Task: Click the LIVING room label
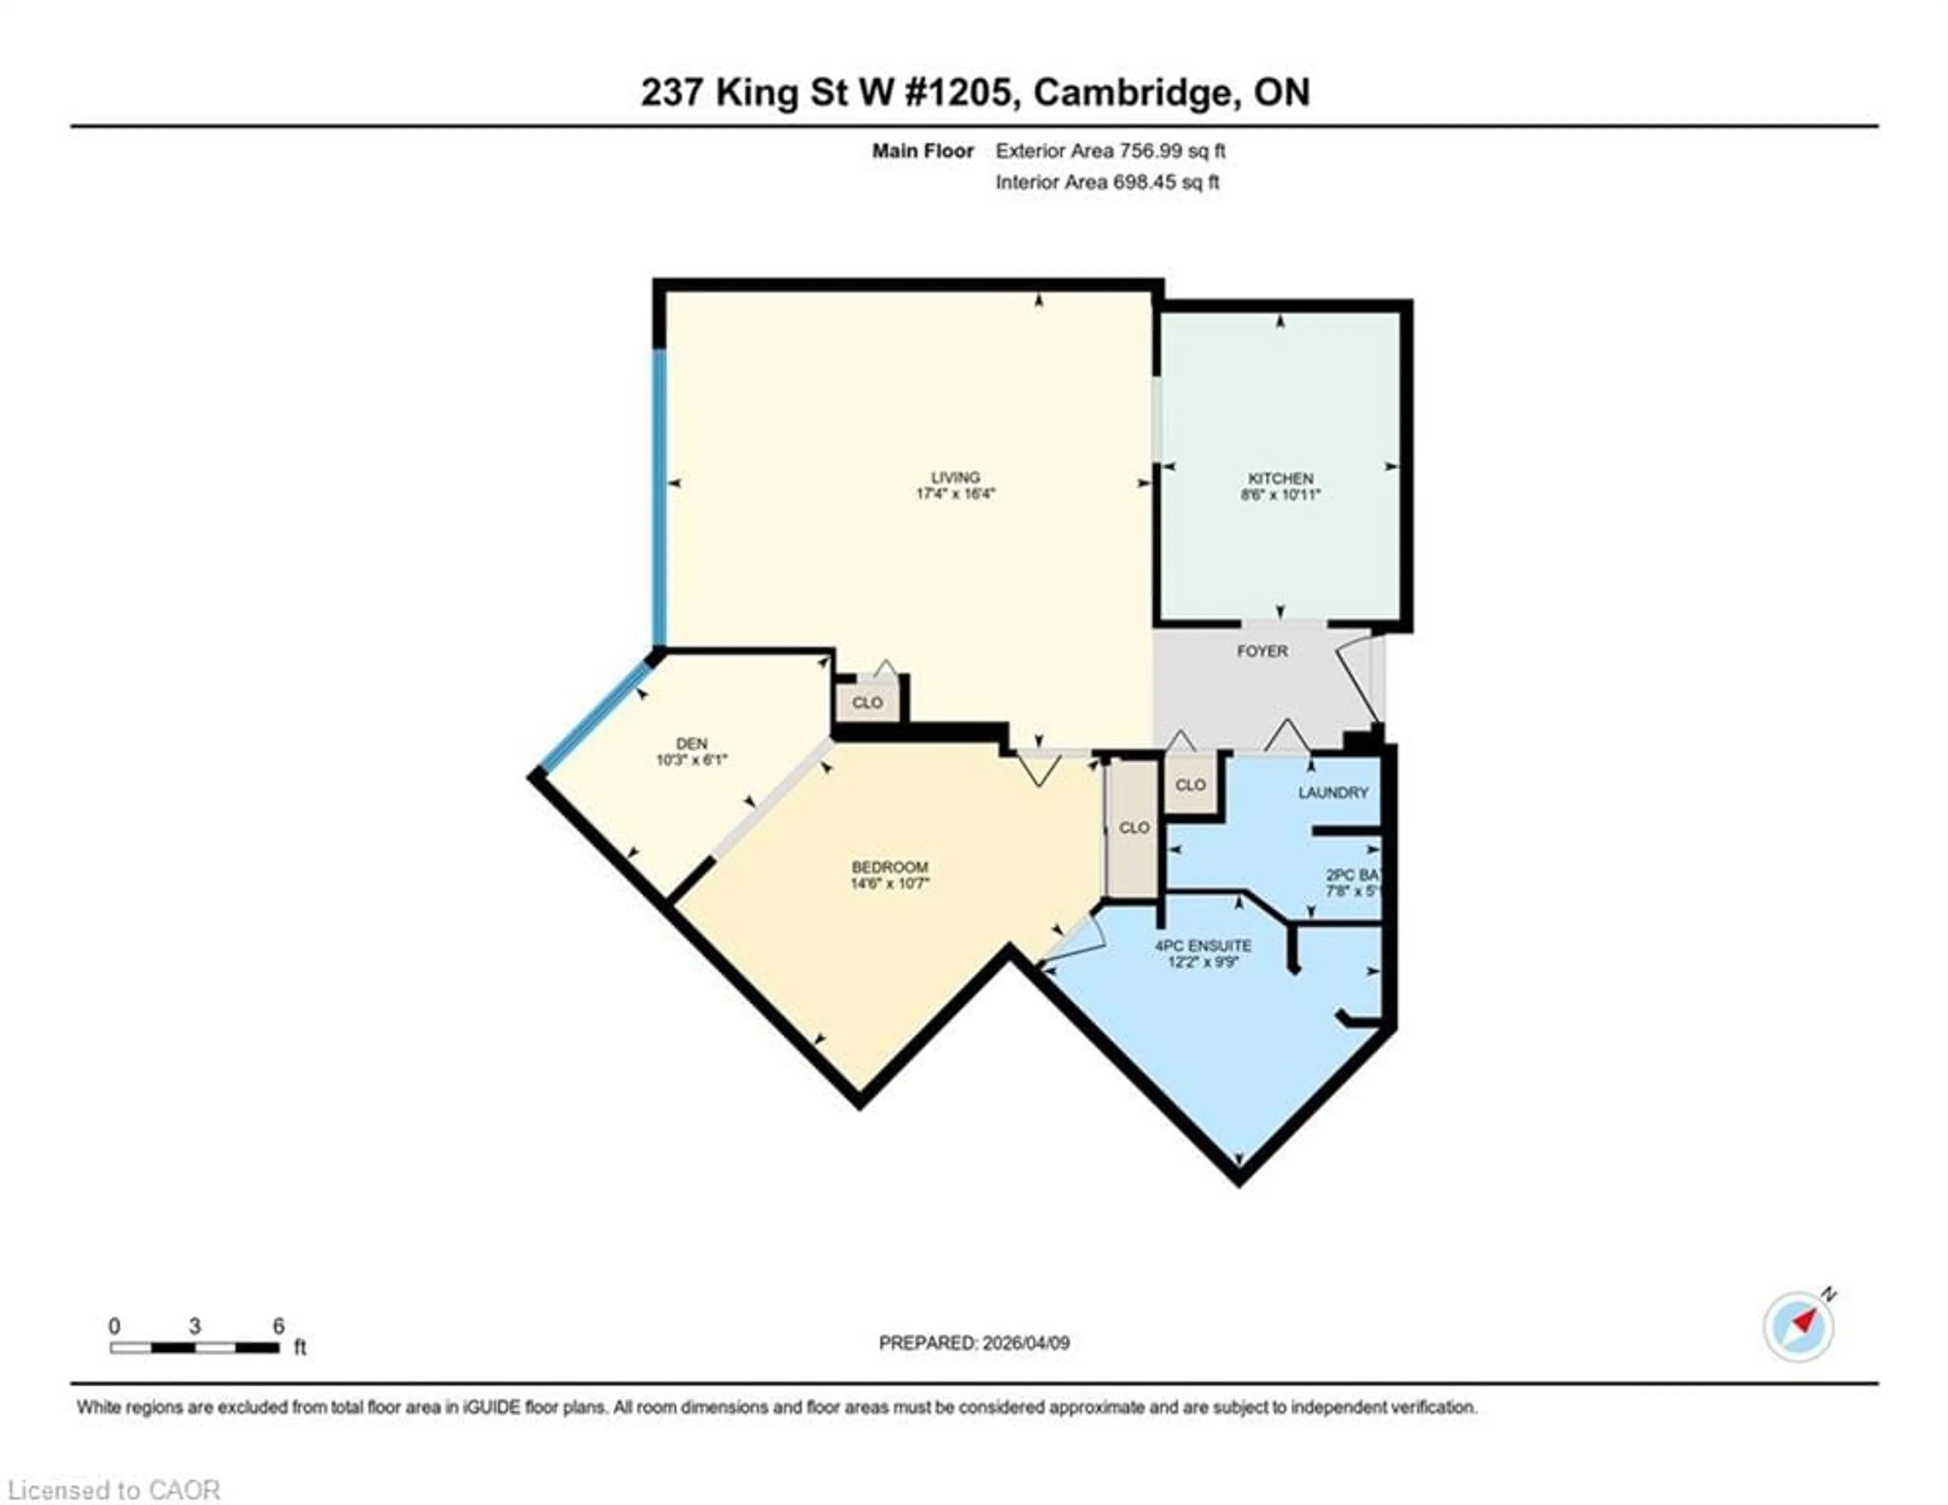[955, 477]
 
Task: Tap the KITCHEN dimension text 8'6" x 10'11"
[1280, 494]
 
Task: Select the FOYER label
[1262, 651]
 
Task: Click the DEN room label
[691, 743]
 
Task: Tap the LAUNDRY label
[1333, 792]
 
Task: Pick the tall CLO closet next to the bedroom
[1134, 828]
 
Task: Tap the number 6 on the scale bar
[279, 1325]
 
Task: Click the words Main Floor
[922, 151]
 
